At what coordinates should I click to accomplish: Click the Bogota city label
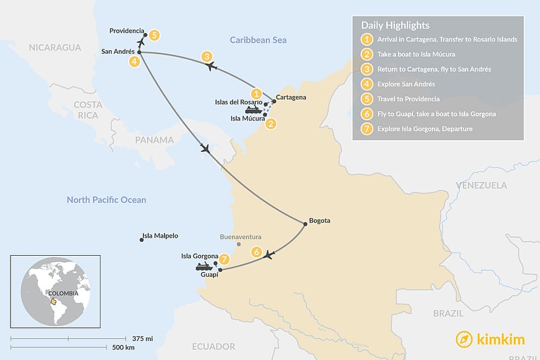320,220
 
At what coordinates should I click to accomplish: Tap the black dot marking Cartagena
274,101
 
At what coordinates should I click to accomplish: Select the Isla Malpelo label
160,236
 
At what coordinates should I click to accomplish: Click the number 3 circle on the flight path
207,56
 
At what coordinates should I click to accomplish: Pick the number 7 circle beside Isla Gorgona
225,259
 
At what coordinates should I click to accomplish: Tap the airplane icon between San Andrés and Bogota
206,149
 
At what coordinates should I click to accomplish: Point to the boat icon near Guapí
204,267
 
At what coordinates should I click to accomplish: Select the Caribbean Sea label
258,40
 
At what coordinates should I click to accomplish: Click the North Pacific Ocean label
106,200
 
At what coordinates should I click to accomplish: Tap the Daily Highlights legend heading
395,25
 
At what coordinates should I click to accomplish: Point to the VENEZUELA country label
481,185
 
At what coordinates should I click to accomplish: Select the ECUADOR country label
214,346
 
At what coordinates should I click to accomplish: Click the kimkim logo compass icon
464,339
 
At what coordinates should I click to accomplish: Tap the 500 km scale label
123,348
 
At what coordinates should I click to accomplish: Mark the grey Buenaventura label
240,237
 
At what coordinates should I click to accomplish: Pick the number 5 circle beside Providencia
153,35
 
